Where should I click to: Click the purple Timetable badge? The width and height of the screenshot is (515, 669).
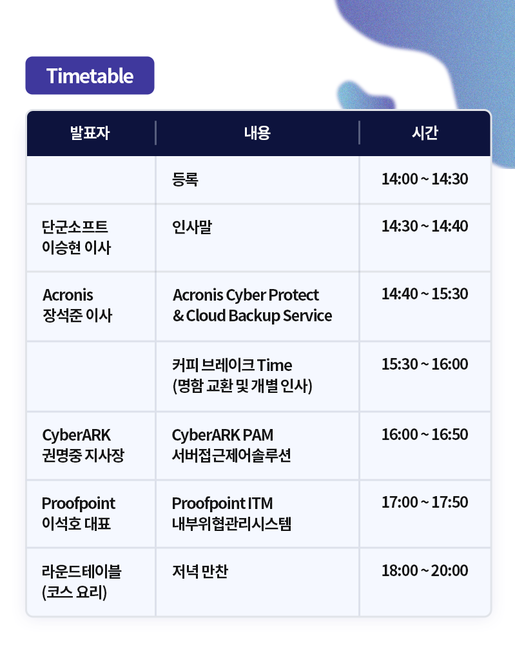(90, 75)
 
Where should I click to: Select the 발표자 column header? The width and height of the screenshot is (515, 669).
(90, 133)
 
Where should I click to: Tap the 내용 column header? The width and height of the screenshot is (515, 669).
(257, 133)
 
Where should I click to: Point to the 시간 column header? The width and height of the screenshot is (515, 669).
(425, 133)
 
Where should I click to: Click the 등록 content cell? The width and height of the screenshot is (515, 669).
(185, 179)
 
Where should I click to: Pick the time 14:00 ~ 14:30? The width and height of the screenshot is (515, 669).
(425, 179)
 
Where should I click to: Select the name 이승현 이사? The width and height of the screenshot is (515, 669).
(76, 248)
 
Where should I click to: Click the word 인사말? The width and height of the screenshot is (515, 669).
(192, 226)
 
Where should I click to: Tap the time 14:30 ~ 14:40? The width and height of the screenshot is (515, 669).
(425, 226)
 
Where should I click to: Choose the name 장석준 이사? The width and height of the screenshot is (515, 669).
(77, 315)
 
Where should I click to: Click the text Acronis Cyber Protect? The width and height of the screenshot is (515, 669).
(246, 295)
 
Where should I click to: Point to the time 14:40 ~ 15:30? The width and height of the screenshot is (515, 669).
(425, 294)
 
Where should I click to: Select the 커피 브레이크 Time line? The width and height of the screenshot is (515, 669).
(232, 365)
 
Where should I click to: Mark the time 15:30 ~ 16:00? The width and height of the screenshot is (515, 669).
(425, 364)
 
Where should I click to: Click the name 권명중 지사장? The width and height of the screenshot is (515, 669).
(83, 455)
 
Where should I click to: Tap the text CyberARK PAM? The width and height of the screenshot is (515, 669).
(222, 435)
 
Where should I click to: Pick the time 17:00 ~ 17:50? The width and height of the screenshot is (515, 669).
(425, 502)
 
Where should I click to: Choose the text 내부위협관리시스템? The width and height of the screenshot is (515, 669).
(231, 523)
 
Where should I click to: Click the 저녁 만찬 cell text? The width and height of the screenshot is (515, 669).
(200, 572)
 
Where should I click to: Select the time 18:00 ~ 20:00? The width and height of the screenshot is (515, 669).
(425, 570)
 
